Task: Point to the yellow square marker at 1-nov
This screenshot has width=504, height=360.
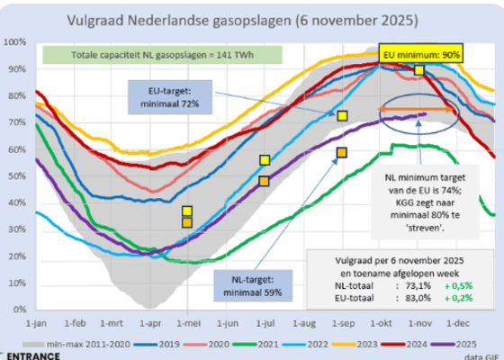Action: click(x=419, y=70)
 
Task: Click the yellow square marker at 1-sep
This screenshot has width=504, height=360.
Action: click(x=342, y=116)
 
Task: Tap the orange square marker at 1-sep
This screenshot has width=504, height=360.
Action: click(x=342, y=153)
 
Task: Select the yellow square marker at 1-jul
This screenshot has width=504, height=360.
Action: click(x=265, y=160)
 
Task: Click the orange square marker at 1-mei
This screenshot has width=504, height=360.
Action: click(x=186, y=222)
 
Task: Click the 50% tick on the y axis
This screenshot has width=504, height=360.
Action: click(x=16, y=175)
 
